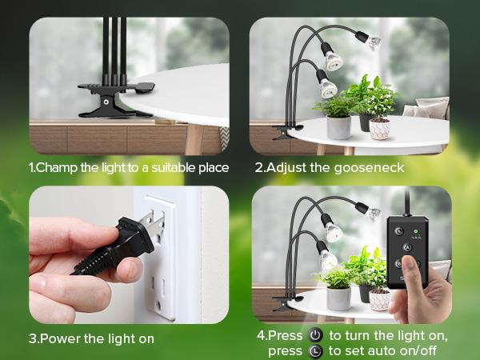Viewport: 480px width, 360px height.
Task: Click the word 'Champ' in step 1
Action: point(57,168)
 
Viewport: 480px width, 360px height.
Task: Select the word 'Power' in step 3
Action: point(60,339)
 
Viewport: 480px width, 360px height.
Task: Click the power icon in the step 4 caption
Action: point(315,335)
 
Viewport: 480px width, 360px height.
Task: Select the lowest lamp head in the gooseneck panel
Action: point(326,85)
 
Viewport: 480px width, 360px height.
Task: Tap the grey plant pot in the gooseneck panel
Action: point(338,126)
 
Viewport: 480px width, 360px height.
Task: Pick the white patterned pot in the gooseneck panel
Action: point(379,127)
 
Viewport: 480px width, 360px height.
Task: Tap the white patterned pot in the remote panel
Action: point(379,298)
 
